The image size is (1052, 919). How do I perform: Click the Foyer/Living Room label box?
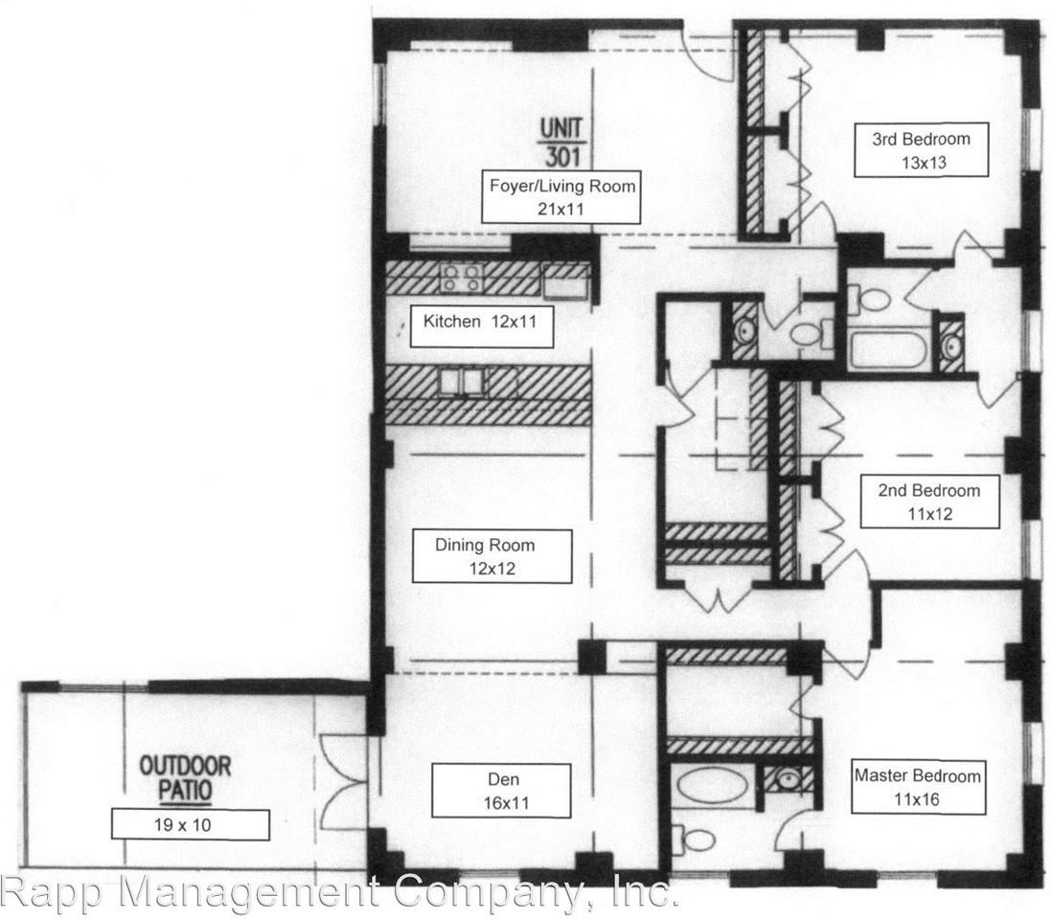pos(561,196)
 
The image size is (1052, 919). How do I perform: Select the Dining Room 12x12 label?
pos(492,556)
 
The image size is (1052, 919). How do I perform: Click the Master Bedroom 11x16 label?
pos(918,786)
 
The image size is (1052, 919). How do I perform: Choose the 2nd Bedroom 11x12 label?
pos(928,502)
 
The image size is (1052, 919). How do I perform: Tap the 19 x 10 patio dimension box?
pos(190,824)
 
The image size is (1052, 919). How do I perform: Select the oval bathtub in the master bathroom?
pos(713,786)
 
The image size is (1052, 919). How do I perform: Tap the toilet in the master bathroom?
pos(697,840)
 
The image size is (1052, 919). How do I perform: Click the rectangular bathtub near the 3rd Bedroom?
pos(887,350)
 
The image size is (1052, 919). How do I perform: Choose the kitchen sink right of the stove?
pos(565,281)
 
